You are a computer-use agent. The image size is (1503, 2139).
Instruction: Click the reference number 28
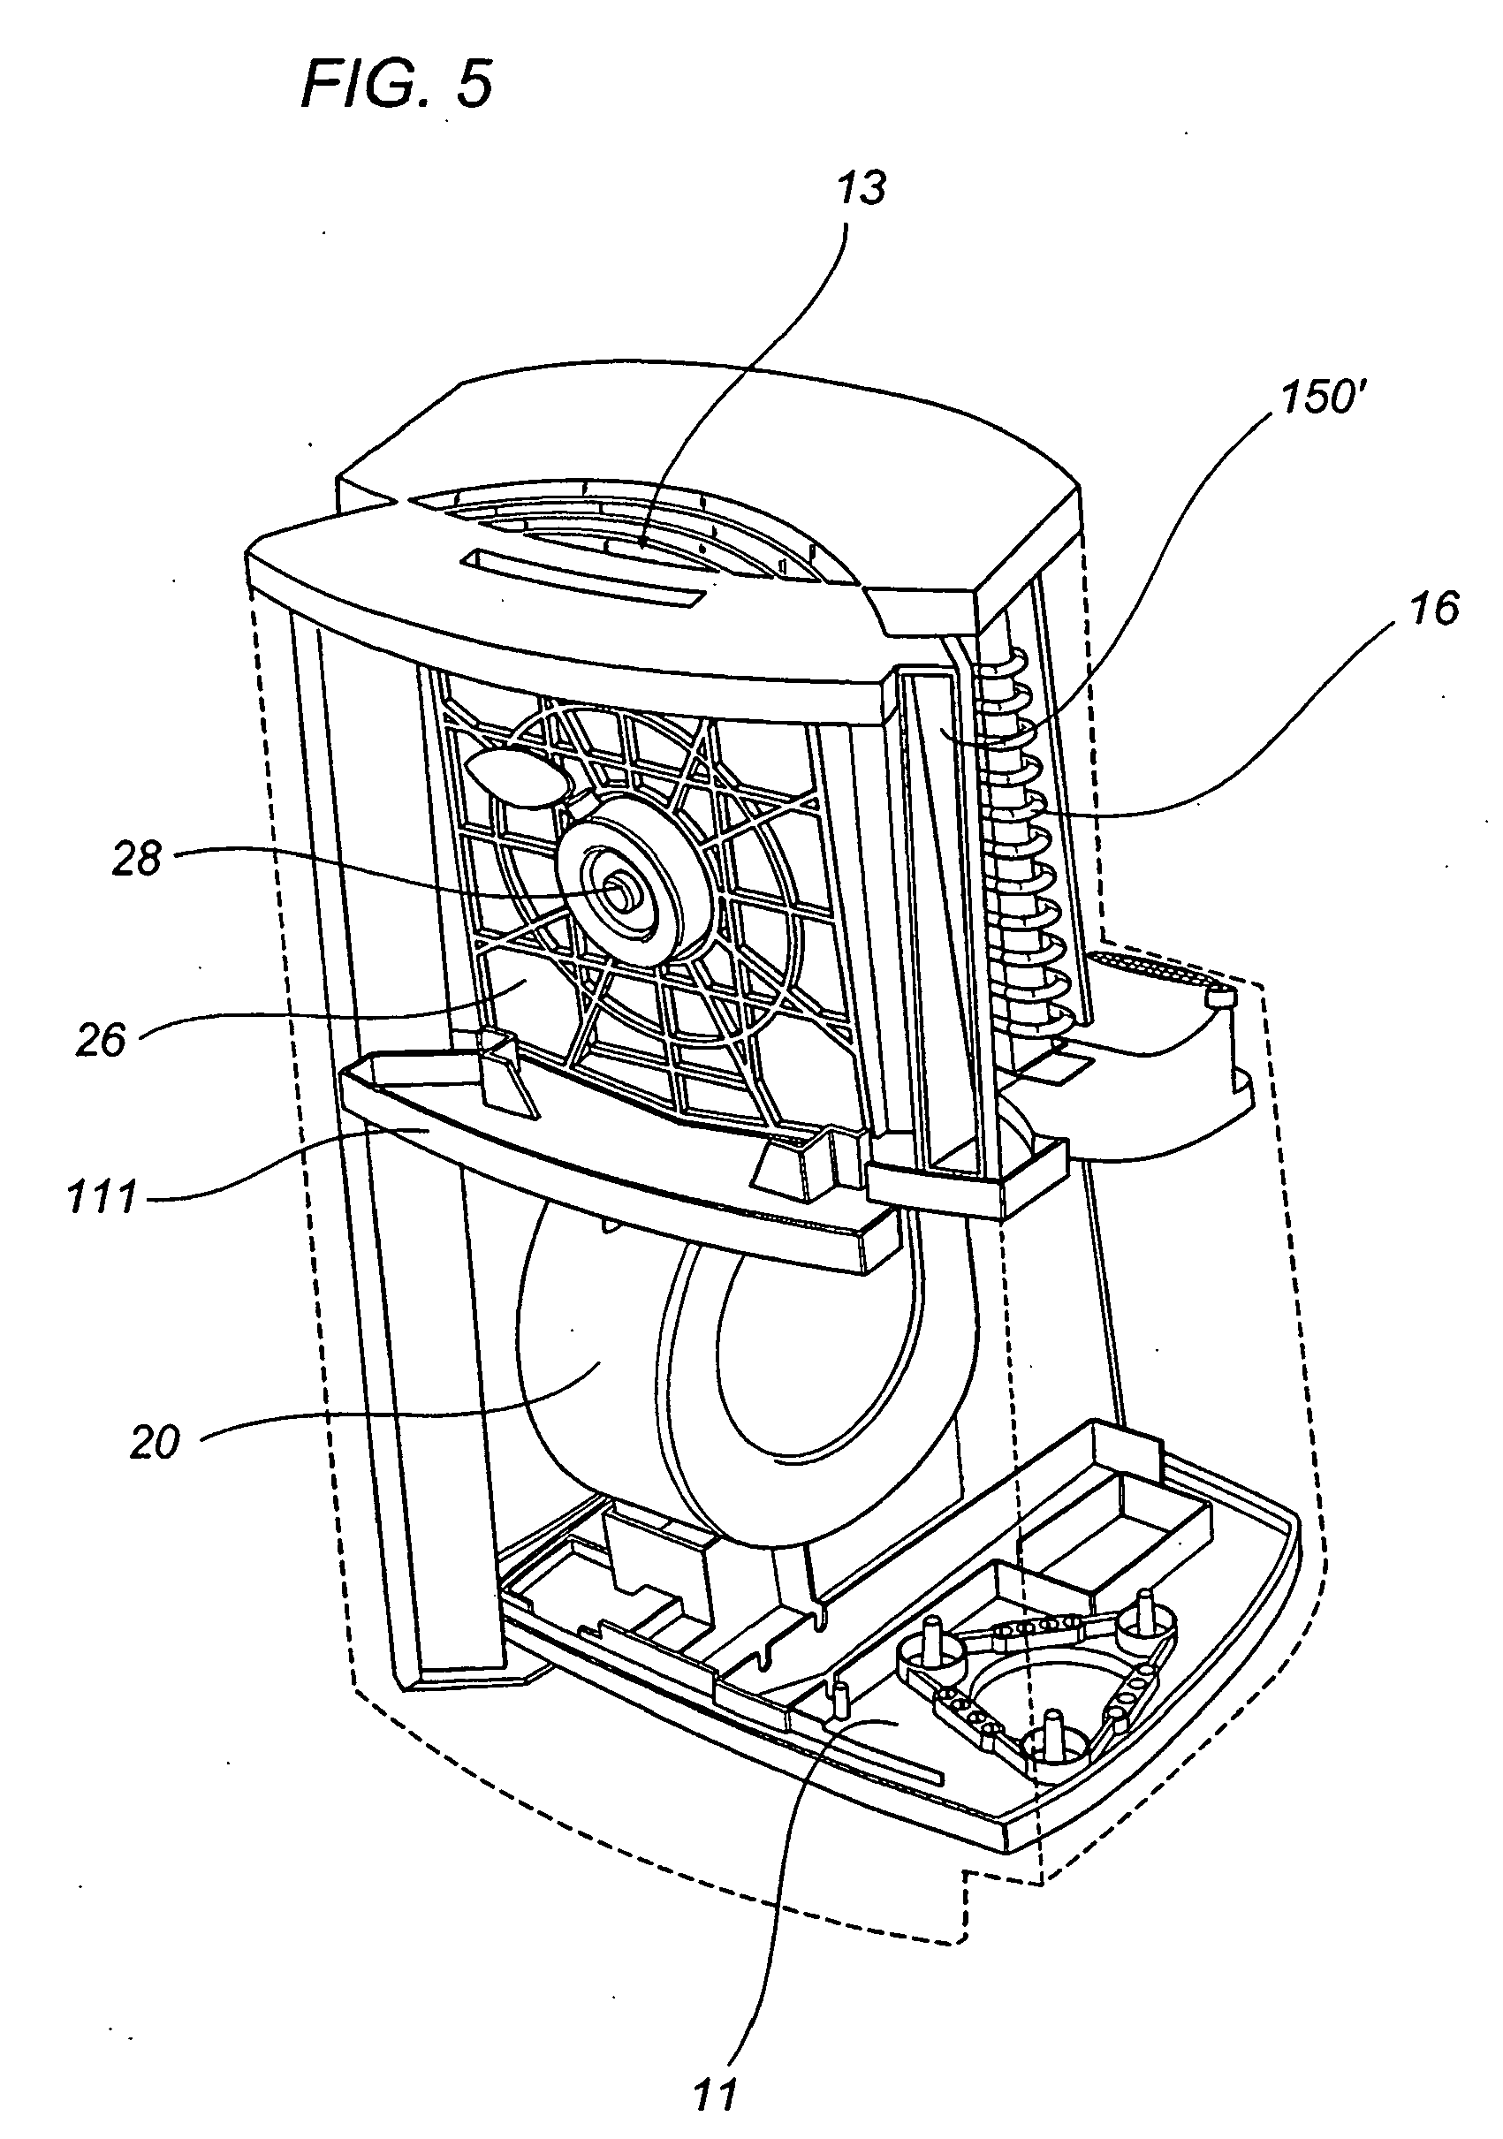137,859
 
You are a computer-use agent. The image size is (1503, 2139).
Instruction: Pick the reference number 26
101,1040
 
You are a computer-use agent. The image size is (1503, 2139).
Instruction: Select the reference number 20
154,1443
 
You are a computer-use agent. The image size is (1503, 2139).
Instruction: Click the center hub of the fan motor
618,891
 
